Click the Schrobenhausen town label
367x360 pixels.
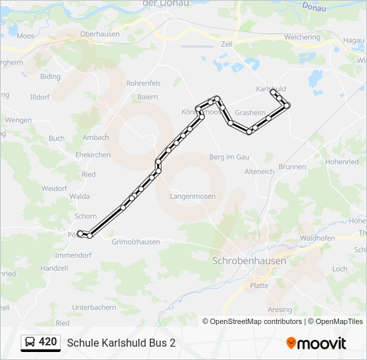click(249, 261)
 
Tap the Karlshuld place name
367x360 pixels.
click(271, 89)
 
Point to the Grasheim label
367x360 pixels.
click(250, 113)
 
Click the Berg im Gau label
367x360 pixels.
click(229, 157)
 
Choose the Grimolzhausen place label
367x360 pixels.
click(136, 242)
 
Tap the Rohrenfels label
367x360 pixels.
click(143, 83)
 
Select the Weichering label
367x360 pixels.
click(302, 37)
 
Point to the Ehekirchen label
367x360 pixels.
click(93, 155)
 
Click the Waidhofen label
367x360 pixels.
click(318, 238)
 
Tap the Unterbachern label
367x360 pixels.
click(94, 307)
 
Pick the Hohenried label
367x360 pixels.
click(342, 162)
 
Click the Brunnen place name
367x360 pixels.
click(292, 167)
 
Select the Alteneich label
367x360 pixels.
click(260, 171)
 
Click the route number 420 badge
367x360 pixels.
click(47, 342)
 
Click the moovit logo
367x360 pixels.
click(316, 343)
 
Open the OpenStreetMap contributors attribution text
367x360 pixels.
click(252, 321)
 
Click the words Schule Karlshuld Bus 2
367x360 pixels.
click(121, 343)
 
